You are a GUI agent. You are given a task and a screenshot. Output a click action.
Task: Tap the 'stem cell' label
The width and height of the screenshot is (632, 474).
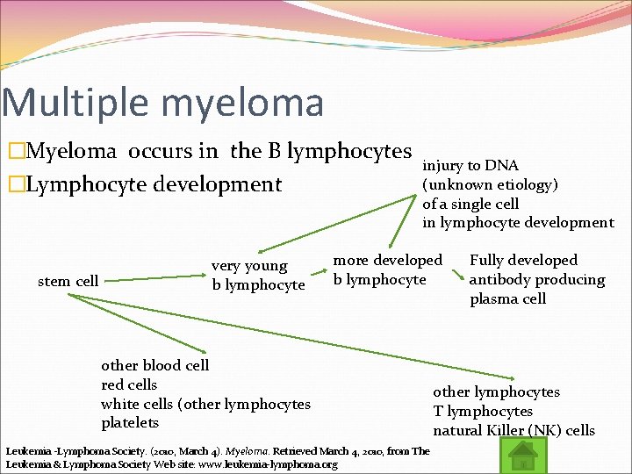[x=68, y=281]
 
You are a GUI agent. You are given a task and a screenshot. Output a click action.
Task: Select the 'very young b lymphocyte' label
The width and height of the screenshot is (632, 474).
[x=257, y=275]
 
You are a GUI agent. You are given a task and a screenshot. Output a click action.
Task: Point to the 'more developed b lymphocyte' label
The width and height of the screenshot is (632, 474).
[x=387, y=269]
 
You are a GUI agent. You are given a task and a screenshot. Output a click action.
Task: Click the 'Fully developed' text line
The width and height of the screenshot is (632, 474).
[x=523, y=260]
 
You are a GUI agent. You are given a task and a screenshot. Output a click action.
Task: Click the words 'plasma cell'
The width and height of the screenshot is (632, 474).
[x=507, y=298]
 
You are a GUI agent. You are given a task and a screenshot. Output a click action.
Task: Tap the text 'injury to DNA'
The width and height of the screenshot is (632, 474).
[x=470, y=165]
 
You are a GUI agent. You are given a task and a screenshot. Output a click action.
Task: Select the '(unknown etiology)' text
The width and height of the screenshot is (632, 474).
[x=490, y=184]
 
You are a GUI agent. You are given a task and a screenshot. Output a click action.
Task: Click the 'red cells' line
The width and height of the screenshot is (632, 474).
[x=129, y=384]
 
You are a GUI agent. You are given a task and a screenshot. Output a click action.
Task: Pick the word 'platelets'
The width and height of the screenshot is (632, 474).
[x=130, y=423]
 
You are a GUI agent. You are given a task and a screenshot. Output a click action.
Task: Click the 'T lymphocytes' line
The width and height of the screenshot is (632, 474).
[x=482, y=411]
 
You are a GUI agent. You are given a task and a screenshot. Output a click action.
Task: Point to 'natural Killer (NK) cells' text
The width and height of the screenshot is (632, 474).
[x=513, y=430]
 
